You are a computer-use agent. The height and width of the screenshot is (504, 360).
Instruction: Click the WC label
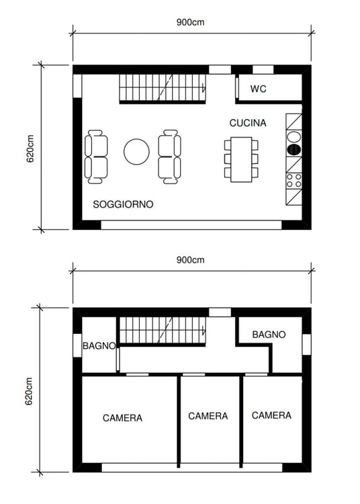pos(259,89)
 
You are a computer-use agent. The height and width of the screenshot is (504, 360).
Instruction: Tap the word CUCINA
pos(248,123)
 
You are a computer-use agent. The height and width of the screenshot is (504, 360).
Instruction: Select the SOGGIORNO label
pos(123,204)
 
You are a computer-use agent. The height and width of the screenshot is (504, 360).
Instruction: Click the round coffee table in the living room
pos(136,151)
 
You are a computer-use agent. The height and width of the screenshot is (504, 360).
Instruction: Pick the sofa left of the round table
pos(97,157)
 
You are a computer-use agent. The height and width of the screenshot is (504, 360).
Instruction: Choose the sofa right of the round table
pos(169,157)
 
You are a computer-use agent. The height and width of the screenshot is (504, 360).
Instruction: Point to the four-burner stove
pos(294,180)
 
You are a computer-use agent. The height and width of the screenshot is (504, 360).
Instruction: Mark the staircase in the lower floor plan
pos(162,333)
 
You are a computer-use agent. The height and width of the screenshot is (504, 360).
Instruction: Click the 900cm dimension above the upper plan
pos(190,22)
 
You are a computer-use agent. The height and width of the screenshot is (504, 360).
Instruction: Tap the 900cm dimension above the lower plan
pos(190,259)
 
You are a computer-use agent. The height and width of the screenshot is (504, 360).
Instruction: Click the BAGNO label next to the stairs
pos(99,345)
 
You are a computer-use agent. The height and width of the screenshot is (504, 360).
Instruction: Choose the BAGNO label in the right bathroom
pos(269,334)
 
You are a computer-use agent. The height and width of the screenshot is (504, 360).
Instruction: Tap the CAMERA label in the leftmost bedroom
pos(122,418)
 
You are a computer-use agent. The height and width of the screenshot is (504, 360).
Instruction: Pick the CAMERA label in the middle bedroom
pos(208,416)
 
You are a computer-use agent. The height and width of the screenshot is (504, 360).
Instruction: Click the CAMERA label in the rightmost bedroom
pos(271,415)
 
